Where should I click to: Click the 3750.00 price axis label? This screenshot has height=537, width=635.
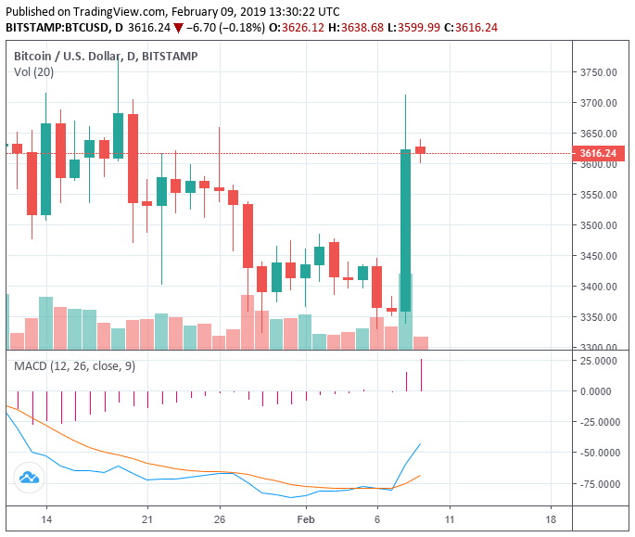(x=598, y=72)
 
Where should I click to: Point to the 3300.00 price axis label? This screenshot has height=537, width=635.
(x=598, y=348)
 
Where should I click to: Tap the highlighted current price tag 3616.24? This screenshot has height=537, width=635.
(x=598, y=153)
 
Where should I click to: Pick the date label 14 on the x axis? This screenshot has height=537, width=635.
(x=46, y=519)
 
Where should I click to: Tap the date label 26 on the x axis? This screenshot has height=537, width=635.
(x=219, y=519)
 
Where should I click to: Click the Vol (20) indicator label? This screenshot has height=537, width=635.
(x=33, y=72)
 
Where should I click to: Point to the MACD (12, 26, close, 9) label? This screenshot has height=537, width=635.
(x=74, y=366)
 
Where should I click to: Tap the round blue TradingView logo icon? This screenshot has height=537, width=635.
(x=29, y=478)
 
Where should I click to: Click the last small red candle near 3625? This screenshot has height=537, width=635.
(x=421, y=149)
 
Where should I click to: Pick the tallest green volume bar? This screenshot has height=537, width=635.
(x=405, y=311)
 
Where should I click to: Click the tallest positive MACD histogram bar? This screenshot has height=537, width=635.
(x=421, y=375)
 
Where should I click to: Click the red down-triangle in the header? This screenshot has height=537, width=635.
(x=178, y=27)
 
